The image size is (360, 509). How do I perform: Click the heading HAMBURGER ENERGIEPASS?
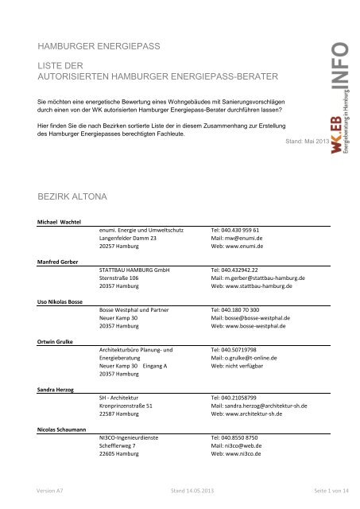tap(94, 46)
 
